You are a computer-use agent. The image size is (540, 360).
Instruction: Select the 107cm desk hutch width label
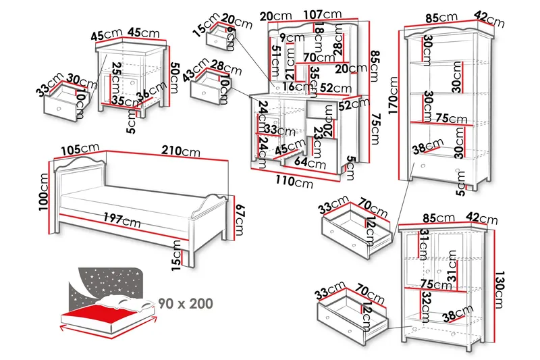point(321,14)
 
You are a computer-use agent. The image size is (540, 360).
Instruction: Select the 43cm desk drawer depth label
point(201,68)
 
